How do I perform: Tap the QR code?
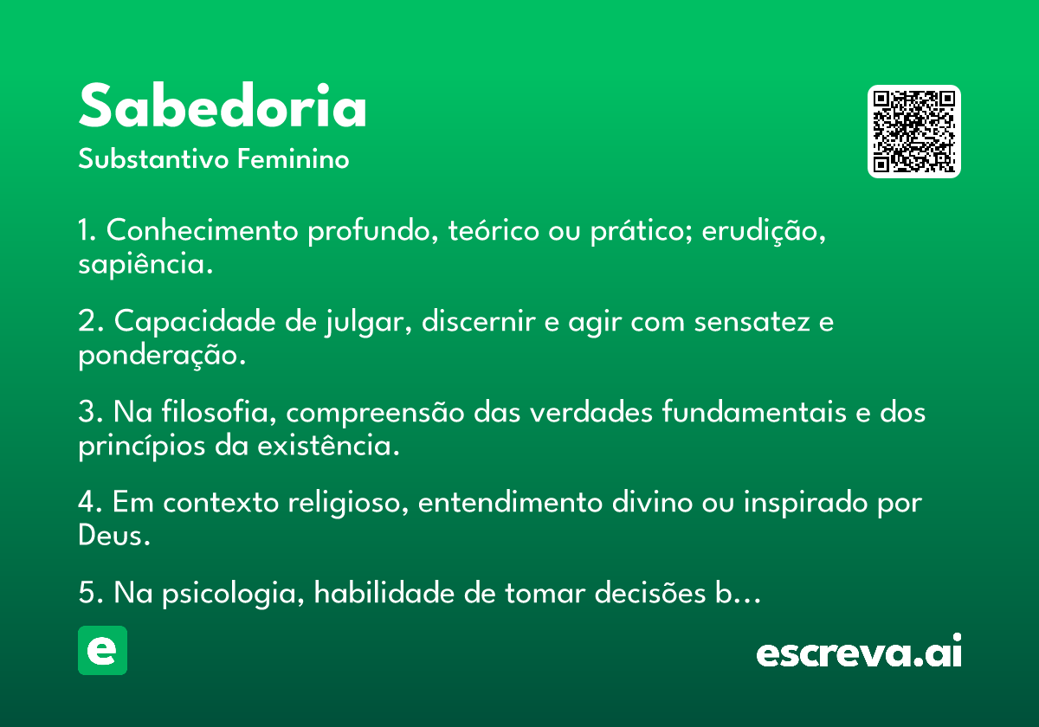pos(913,132)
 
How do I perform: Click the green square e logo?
pos(102,650)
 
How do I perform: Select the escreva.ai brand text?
pos(859,651)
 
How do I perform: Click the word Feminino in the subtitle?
pos(294,159)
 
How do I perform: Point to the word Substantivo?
pos(153,159)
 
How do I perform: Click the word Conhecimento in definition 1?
pos(203,230)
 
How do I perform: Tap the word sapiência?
pos(145,264)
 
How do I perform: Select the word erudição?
pos(764,230)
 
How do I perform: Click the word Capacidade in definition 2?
pos(195,321)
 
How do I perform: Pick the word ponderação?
pos(161,355)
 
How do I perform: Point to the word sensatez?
pos(752,322)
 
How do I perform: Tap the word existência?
pos(328,445)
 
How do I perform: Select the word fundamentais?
pos(754,411)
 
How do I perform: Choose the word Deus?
pos(114,535)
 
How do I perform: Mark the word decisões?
pos(650,593)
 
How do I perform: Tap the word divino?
pos(652,502)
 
